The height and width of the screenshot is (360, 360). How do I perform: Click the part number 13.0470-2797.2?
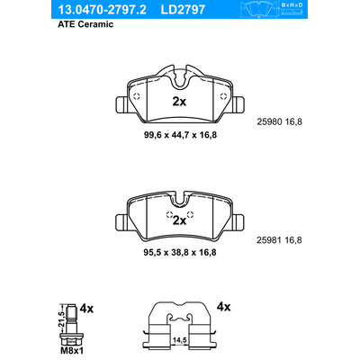[102, 10]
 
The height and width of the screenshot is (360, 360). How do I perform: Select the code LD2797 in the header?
[183, 10]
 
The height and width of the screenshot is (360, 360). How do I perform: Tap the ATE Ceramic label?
[85, 24]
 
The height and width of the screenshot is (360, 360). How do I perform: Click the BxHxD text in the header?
[292, 5]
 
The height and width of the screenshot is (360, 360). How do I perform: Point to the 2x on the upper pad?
[179, 102]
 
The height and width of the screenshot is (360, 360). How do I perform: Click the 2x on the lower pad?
[179, 220]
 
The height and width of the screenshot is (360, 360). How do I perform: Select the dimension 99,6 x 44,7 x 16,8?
[180, 135]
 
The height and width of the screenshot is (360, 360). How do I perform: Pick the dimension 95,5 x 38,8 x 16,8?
[180, 252]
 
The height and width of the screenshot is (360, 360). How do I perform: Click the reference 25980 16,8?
[280, 122]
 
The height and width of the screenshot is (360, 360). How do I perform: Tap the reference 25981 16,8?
[279, 240]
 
